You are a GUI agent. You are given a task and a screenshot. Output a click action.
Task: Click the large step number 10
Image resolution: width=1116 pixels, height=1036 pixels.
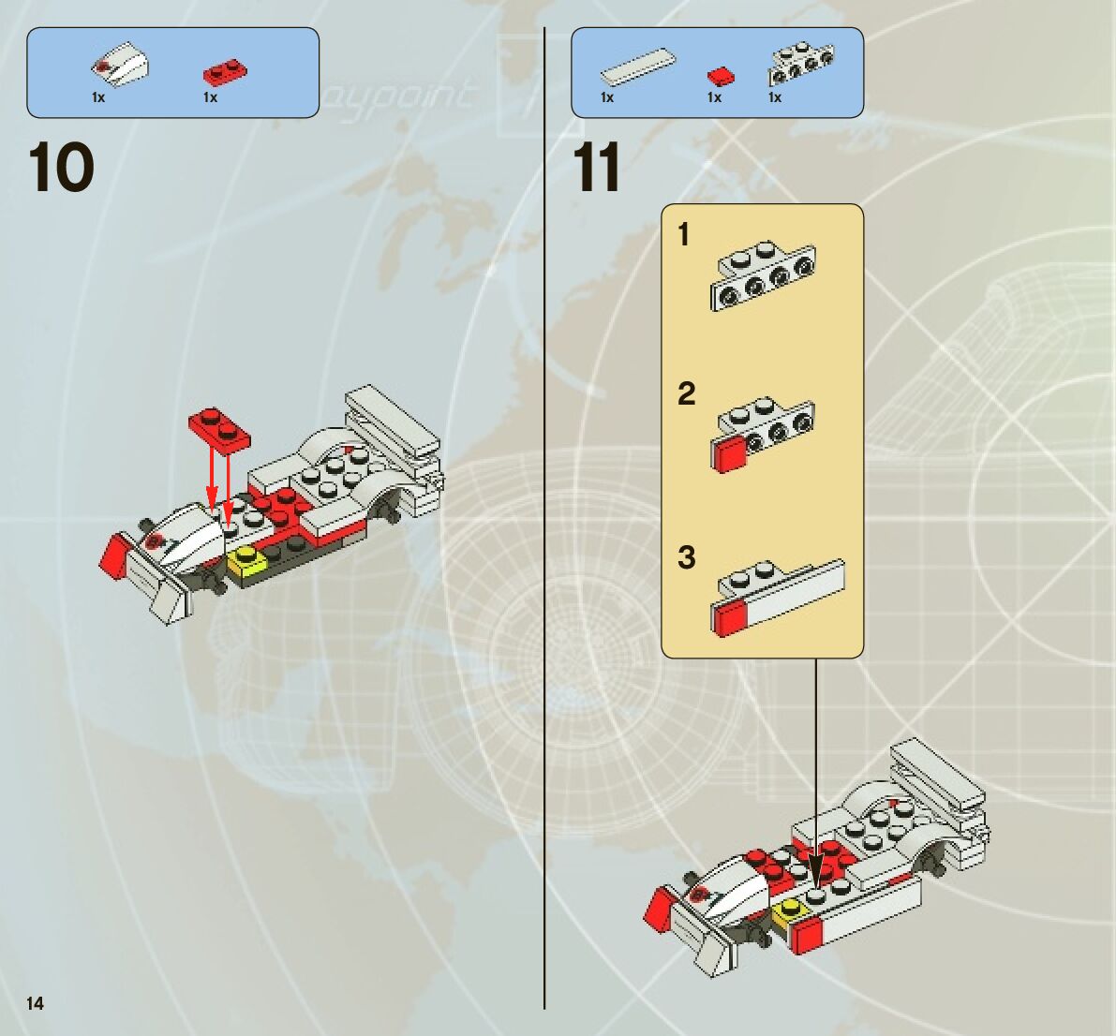click(62, 168)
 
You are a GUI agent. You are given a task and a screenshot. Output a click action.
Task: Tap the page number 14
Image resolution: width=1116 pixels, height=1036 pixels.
click(35, 1003)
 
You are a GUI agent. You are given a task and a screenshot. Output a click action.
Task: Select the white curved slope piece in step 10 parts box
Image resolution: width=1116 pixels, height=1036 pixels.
click(121, 66)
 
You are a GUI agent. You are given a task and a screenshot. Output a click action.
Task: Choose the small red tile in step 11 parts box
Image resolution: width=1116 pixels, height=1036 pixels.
click(720, 75)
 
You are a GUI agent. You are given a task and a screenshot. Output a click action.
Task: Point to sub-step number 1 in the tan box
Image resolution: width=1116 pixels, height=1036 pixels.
click(684, 234)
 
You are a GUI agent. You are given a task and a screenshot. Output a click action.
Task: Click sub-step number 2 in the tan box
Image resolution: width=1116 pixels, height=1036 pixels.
click(686, 393)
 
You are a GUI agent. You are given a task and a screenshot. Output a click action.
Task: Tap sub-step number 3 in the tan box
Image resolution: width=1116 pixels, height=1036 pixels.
click(687, 557)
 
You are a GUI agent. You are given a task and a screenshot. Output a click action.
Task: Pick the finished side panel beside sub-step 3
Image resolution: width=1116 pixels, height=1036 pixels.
click(778, 597)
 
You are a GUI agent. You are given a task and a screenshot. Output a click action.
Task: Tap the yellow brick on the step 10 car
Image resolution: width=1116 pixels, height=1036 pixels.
click(246, 561)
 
